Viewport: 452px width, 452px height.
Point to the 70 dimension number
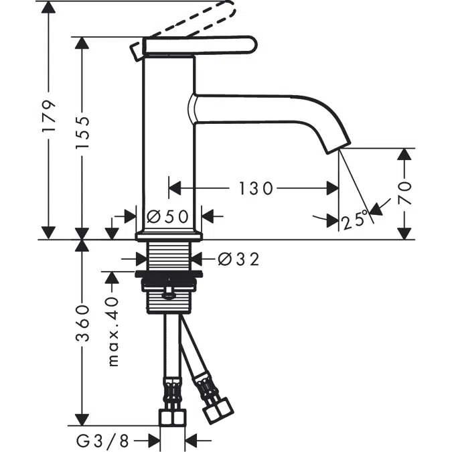point(404,194)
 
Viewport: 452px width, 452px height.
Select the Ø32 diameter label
point(238,258)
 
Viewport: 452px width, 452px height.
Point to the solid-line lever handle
point(201,45)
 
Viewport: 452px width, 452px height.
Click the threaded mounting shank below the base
point(169,257)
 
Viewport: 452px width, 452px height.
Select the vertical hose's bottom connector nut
point(172,419)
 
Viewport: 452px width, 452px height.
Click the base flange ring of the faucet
point(169,236)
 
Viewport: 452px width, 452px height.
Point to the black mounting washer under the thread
point(169,274)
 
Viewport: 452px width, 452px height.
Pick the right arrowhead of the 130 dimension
point(333,189)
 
